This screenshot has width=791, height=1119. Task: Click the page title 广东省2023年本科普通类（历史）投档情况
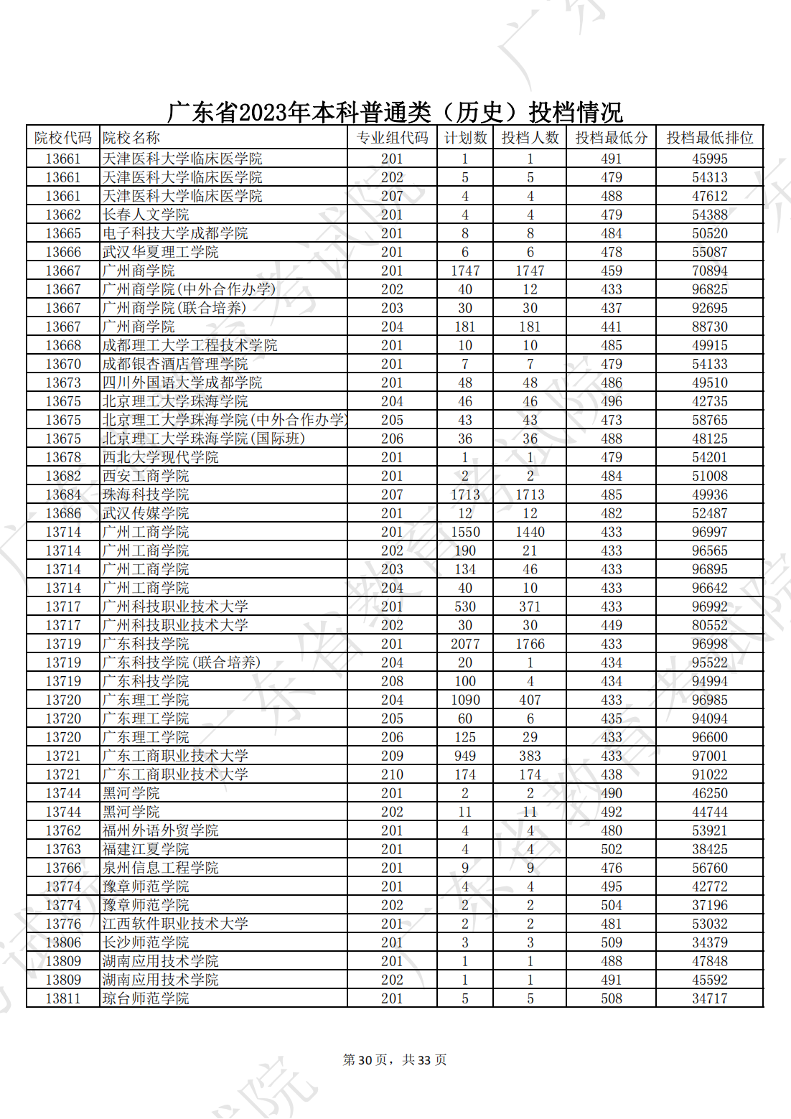(x=395, y=113)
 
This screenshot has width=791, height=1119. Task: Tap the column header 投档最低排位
(x=709, y=138)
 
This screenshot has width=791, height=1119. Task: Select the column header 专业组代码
(x=392, y=138)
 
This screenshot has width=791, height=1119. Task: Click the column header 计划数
(x=465, y=138)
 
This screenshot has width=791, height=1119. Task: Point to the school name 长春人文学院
(x=146, y=215)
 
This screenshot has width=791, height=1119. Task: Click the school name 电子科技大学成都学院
(x=175, y=233)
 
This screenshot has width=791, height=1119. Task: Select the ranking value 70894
(x=709, y=271)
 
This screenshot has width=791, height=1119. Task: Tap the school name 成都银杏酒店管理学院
(x=175, y=364)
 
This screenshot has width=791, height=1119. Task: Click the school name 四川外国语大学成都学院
(x=182, y=383)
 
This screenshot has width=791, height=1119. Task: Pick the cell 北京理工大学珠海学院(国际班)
(x=204, y=439)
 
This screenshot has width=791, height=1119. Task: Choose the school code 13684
(x=63, y=495)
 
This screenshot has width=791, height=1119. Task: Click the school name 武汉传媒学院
(x=146, y=513)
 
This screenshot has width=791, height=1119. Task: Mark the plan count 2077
(x=465, y=644)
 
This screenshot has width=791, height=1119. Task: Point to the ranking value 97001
(x=709, y=756)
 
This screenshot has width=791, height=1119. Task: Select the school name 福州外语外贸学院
(x=160, y=830)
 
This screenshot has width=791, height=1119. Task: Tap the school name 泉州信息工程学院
(x=160, y=868)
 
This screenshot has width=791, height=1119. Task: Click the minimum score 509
(x=612, y=942)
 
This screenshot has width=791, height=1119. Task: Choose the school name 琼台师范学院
(x=146, y=998)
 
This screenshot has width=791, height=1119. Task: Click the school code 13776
(x=63, y=924)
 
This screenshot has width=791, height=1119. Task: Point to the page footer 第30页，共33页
(x=395, y=1060)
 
